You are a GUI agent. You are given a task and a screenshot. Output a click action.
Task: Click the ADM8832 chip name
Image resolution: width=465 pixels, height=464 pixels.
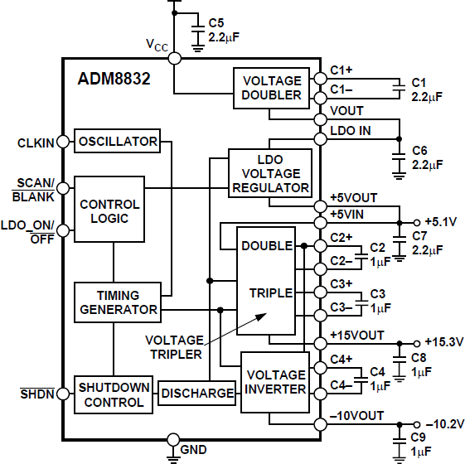coord(114,80)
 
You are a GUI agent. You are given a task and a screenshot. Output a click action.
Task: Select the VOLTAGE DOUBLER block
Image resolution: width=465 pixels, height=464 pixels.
coord(271,88)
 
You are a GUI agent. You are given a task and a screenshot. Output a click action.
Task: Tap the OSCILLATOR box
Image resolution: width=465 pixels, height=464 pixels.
coord(117,142)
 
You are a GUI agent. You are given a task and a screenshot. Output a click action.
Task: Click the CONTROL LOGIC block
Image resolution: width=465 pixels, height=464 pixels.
coord(109,211)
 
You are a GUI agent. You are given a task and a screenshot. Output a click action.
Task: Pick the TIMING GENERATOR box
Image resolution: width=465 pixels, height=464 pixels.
coord(117,302)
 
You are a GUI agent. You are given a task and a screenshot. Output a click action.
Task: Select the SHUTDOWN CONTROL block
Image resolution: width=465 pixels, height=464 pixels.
coord(114,395)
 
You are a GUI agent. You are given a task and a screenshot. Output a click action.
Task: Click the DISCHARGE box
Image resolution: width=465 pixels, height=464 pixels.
coord(196,394)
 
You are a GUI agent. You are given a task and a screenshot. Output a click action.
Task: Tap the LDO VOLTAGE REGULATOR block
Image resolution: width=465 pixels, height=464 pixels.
coord(271,173)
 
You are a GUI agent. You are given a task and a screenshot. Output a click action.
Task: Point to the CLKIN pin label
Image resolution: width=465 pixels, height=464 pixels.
coord(36,143)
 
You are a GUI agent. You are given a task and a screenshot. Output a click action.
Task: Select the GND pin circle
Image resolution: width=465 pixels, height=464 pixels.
coord(172,439)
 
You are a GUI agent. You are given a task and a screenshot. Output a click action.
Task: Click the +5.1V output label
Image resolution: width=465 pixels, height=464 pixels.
coord(440,222)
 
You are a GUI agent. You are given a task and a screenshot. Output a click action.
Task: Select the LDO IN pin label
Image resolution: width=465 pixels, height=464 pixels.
coord(350,131)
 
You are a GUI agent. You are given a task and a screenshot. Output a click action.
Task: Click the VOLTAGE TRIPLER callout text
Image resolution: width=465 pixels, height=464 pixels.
coord(174,346)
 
